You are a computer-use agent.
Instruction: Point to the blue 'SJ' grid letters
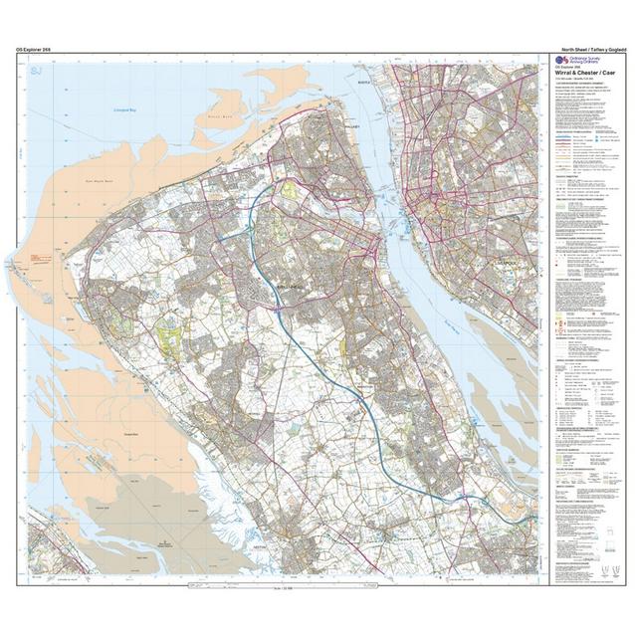tap(37, 70)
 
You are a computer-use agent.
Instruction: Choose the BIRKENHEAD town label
tap(286, 285)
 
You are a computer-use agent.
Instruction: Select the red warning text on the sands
tap(41, 258)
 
